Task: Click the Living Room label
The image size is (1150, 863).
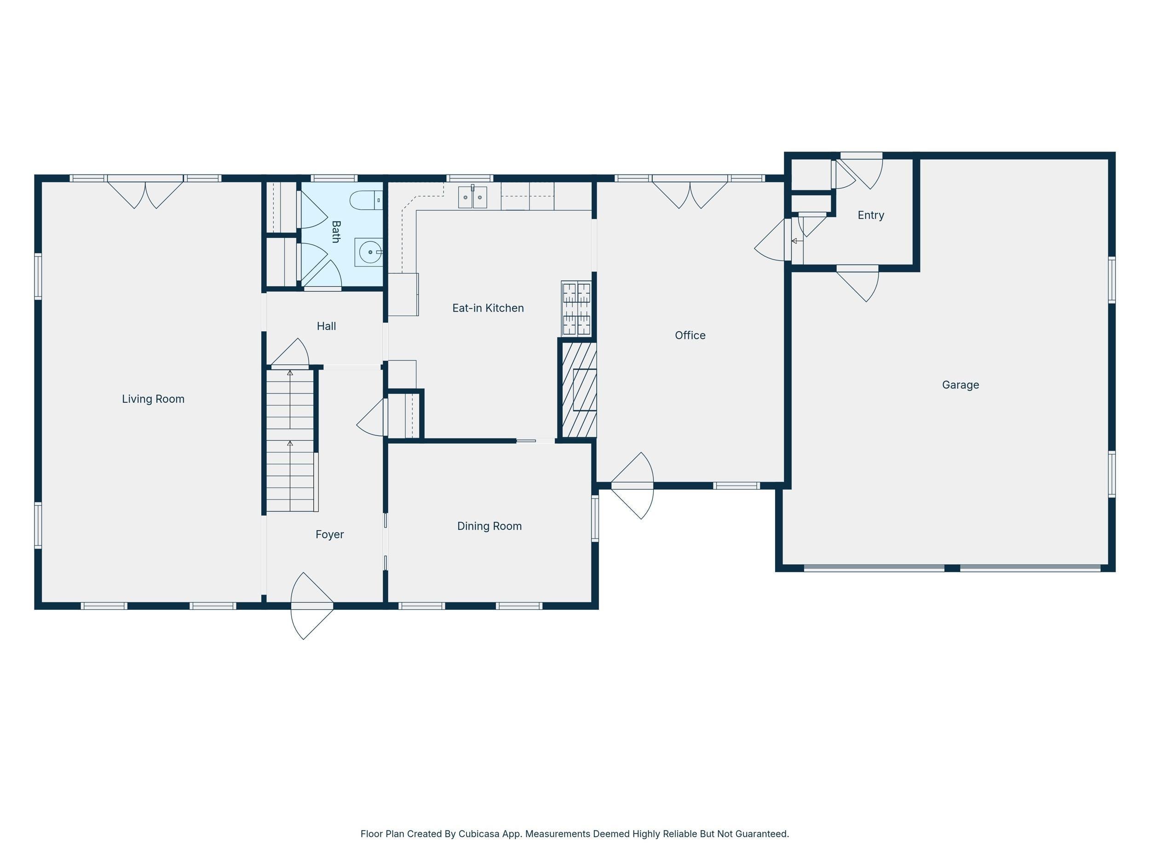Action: click(153, 399)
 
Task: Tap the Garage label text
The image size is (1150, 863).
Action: click(960, 385)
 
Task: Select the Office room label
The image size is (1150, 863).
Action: click(690, 336)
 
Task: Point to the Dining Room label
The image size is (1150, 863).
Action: click(489, 527)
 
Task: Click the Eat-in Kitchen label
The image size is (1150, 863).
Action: click(488, 308)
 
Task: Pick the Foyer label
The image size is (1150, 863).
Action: click(330, 535)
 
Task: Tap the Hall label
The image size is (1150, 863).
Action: click(327, 326)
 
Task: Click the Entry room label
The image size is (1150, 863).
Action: click(871, 215)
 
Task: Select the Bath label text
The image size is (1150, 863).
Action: click(336, 232)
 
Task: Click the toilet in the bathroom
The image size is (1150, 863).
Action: click(366, 200)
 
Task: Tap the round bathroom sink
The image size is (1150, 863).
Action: click(368, 252)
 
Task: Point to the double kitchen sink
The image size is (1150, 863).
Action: click(472, 197)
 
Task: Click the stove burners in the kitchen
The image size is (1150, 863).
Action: click(576, 308)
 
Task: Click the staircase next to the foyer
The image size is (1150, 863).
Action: click(291, 440)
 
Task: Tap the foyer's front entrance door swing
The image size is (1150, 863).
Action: click(311, 606)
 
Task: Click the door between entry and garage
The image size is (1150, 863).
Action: click(858, 284)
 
